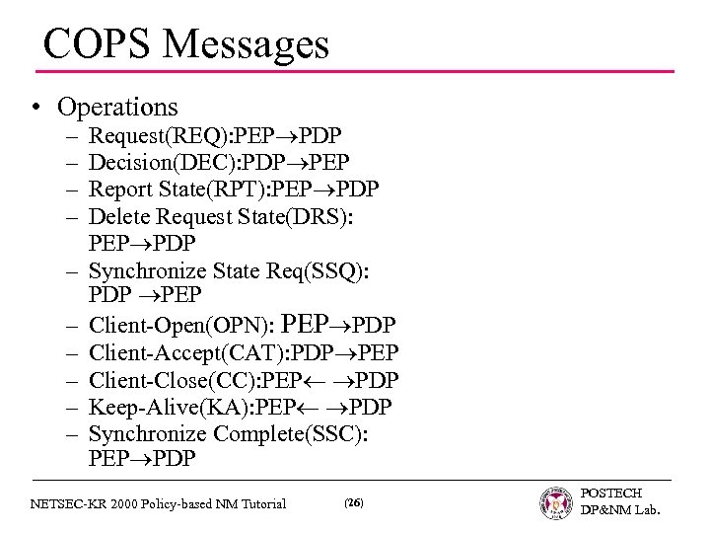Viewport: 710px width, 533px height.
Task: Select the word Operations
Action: pos(118,106)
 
